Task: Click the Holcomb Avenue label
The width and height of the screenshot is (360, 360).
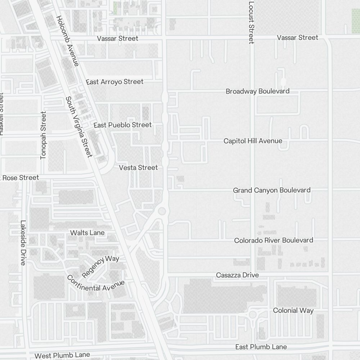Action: (x=67, y=41)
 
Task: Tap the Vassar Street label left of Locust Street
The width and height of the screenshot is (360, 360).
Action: (x=118, y=39)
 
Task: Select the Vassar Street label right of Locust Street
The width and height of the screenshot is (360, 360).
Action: (x=297, y=37)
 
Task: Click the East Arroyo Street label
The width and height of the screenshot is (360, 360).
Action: (x=114, y=82)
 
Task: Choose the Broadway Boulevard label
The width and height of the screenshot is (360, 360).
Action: (x=257, y=91)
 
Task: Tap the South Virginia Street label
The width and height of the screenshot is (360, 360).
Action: (x=80, y=127)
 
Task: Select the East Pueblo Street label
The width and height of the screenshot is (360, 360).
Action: (x=122, y=125)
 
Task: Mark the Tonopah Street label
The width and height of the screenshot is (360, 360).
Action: (x=44, y=135)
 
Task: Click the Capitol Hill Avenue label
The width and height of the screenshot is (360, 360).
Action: (x=253, y=141)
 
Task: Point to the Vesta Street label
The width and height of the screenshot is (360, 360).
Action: (x=138, y=168)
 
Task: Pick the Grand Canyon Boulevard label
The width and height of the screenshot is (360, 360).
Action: (x=271, y=190)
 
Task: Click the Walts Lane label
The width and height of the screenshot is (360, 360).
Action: (x=87, y=233)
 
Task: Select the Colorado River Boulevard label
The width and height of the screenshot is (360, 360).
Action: (x=274, y=240)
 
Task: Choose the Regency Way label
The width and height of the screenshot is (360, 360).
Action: (x=100, y=266)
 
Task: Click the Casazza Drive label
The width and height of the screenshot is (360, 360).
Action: (x=237, y=275)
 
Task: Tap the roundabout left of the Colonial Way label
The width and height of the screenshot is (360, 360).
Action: (x=253, y=315)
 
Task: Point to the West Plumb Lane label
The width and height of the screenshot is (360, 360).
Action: (x=62, y=355)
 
